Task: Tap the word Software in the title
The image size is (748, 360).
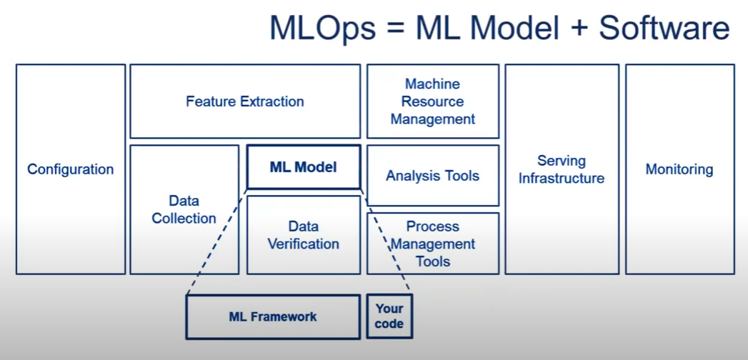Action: [664, 29]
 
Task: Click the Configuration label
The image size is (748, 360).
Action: [70, 169]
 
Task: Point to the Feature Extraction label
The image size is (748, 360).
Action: [244, 101]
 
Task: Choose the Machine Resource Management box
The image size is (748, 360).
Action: [432, 101]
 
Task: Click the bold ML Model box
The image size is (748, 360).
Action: [303, 167]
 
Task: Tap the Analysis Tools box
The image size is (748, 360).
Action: [432, 176]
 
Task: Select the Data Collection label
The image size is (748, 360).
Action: [184, 209]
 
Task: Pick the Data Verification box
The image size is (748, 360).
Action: [303, 235]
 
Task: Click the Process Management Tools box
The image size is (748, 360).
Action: [432, 244]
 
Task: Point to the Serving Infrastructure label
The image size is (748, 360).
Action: [561, 169]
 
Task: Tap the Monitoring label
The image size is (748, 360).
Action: [679, 169]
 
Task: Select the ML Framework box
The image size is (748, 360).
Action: [272, 316]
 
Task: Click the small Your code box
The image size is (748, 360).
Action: [389, 316]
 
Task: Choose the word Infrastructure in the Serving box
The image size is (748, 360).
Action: [561, 179]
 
